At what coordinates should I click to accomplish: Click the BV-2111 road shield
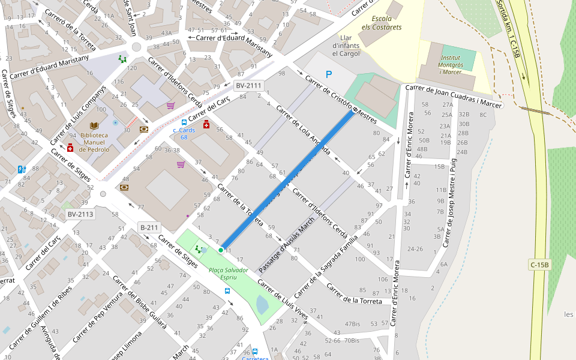pyautogui.click(x=248, y=86)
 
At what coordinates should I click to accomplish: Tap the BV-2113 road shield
pyautogui.click(x=80, y=214)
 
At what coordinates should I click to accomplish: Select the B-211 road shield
pyautogui.click(x=149, y=227)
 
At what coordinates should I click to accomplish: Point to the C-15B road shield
pyautogui.click(x=539, y=265)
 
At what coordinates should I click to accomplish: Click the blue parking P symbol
pyautogui.click(x=328, y=74)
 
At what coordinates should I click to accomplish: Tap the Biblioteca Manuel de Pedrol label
pyautogui.click(x=94, y=142)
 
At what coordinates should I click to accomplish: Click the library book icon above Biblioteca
pyautogui.click(x=94, y=125)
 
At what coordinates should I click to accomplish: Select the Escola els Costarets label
pyautogui.click(x=382, y=23)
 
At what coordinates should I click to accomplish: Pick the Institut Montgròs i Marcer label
pyautogui.click(x=450, y=65)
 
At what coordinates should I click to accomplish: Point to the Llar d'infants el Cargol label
pyautogui.click(x=346, y=45)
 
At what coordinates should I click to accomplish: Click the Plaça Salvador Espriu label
pyautogui.click(x=229, y=274)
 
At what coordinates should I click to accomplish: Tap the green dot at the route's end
pyautogui.click(x=221, y=250)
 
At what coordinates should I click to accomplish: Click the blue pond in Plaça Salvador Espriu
pyautogui.click(x=262, y=305)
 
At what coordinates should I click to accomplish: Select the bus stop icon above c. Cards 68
pyautogui.click(x=184, y=122)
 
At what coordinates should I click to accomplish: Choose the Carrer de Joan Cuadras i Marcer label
pyautogui.click(x=454, y=96)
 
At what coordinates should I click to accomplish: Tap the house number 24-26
pyautogui.click(x=415, y=248)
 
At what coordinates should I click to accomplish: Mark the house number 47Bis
pyautogui.click(x=352, y=324)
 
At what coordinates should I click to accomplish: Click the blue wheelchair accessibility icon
pyautogui.click(x=22, y=169)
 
